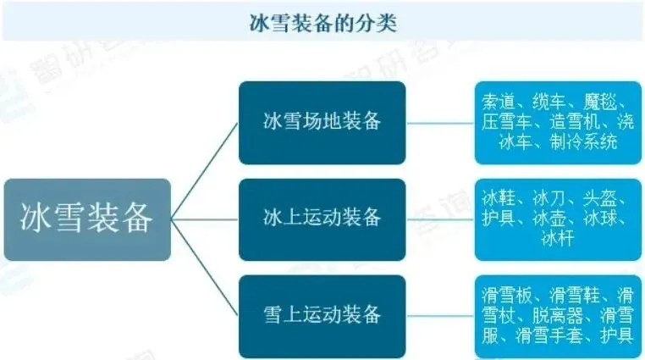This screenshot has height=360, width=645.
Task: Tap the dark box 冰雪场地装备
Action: (x=322, y=122)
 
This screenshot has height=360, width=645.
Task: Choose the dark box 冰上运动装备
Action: (x=322, y=219)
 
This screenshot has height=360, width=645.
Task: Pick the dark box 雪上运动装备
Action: (x=322, y=315)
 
